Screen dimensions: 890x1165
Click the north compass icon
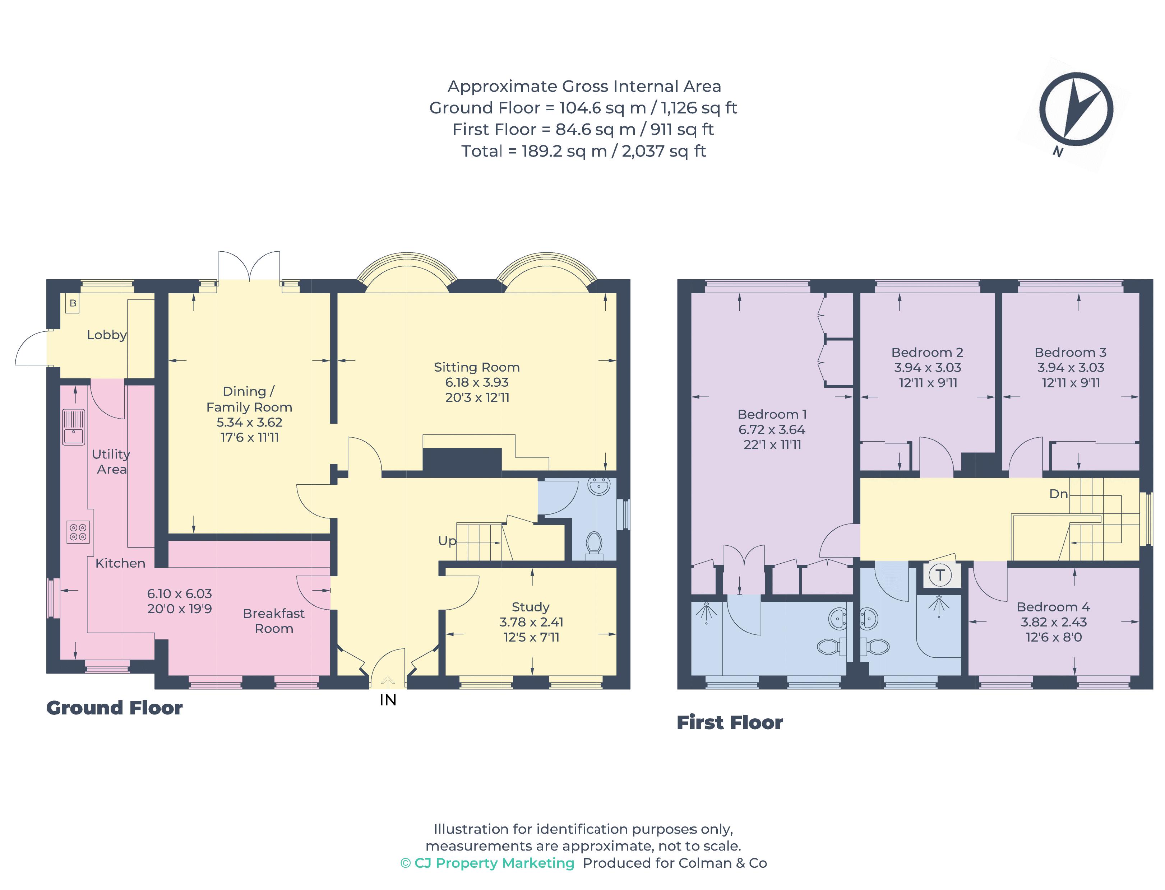(1076, 109)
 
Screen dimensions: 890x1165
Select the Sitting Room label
(476, 367)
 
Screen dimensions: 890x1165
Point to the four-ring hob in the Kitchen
(78, 532)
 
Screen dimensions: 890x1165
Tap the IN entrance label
(388, 700)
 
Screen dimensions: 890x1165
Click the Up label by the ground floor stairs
(447, 541)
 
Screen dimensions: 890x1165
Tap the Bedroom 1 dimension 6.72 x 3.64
(771, 430)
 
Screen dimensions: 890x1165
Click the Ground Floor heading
(115, 708)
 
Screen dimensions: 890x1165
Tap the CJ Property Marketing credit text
(487, 863)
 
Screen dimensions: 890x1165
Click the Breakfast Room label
(273, 621)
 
